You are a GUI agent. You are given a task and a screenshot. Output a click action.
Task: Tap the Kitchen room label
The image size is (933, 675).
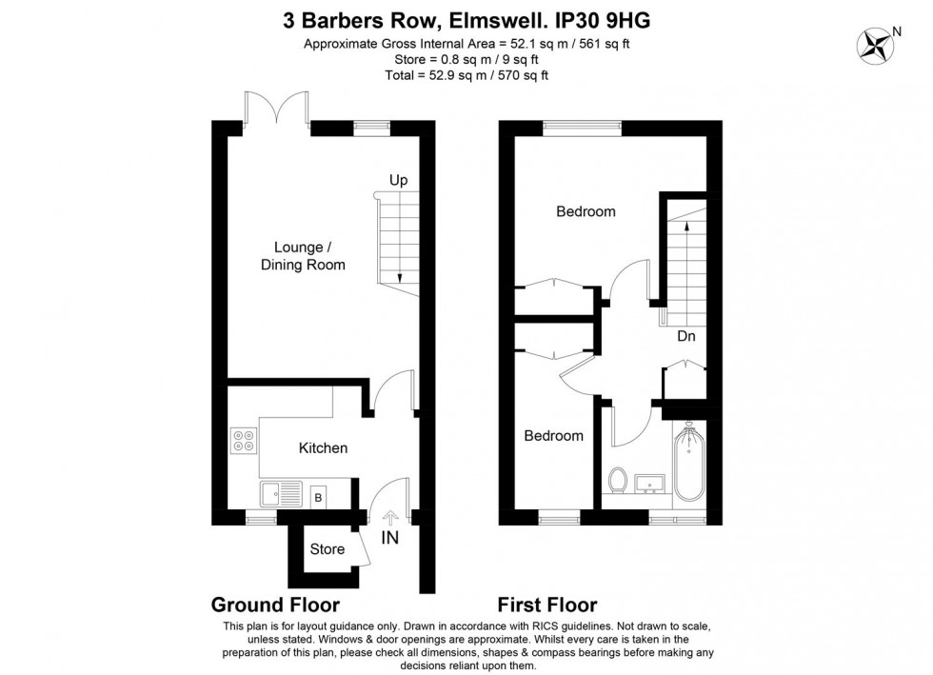tap(323, 447)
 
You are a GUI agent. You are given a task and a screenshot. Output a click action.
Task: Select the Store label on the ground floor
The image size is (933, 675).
tap(328, 548)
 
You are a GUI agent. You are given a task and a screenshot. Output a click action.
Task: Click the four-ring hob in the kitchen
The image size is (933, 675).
tap(244, 441)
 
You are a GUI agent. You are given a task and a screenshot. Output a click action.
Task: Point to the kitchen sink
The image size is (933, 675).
tap(281, 494)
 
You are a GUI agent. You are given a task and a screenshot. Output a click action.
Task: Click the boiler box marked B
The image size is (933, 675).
tap(318, 497)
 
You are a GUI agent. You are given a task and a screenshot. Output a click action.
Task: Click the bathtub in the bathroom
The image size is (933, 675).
tap(689, 462)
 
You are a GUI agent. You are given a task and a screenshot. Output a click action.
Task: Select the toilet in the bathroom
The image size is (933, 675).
tap(618, 481)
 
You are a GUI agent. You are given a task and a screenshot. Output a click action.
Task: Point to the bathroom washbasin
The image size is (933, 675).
tap(649, 484)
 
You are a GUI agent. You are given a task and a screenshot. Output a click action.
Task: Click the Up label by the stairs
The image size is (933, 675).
tap(399, 180)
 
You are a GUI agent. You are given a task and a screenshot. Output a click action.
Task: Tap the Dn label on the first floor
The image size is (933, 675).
tap(686, 336)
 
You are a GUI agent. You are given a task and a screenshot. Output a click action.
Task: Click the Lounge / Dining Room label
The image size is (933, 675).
tap(303, 256)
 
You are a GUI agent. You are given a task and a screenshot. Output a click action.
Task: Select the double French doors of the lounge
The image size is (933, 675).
tap(277, 108)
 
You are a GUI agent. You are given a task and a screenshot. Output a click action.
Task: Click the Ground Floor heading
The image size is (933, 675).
tap(275, 605)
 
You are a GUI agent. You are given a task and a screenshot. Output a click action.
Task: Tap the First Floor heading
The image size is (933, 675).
tap(547, 605)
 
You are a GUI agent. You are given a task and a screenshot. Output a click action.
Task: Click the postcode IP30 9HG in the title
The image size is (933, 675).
tap(602, 21)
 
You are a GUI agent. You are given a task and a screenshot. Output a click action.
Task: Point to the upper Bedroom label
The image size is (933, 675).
tap(586, 211)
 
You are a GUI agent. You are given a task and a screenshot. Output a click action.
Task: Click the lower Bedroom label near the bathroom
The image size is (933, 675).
tap(553, 436)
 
